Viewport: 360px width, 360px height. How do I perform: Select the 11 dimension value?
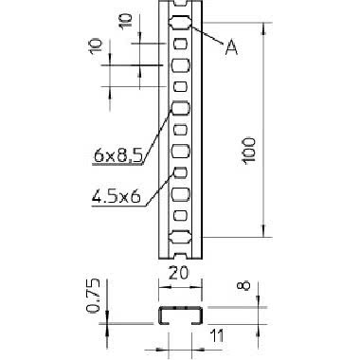point(215,334)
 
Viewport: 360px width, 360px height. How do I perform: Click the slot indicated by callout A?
point(179,23)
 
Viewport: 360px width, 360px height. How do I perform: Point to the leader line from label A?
point(208,37)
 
